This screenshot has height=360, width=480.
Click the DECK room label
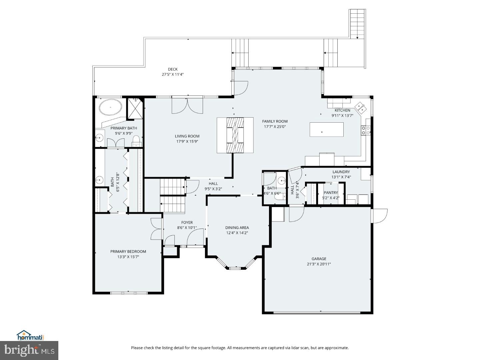pos(173,69)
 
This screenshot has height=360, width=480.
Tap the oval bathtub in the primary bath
pos(110,107)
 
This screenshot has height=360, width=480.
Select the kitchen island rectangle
pos(326,130)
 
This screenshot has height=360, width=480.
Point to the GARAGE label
pos(319,259)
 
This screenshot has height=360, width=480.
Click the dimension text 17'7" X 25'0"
pos(275,127)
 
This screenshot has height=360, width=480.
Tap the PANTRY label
pos(331,193)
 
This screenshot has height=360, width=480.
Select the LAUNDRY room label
pos(341,172)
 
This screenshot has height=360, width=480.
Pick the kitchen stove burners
pos(366,130)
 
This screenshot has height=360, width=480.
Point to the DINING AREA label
pos(237,228)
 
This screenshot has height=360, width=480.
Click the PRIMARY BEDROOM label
pos(128,252)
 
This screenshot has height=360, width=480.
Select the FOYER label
pos(187,223)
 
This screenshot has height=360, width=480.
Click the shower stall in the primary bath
pos(135,109)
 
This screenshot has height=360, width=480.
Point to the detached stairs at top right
pos(357,24)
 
